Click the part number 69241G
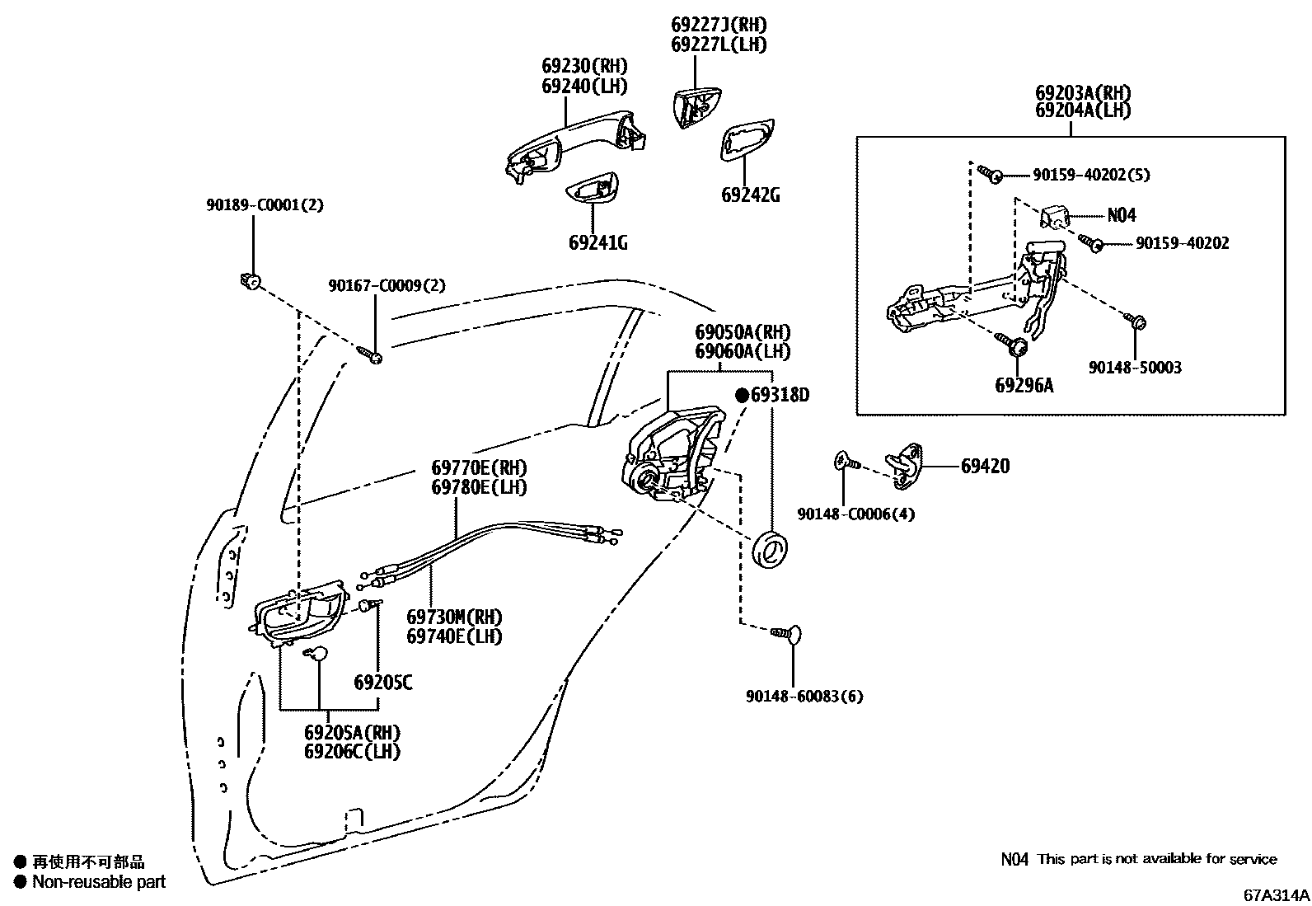coord(597,242)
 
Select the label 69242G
coord(750,195)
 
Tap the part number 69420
coord(985,466)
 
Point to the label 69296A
coord(1024,385)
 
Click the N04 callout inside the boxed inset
coord(1121,216)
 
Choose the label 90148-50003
coord(1135,368)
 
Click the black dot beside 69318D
coord(742,396)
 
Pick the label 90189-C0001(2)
coord(265,204)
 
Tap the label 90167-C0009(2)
coord(387,285)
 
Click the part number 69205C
coord(382,683)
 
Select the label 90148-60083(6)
coord(804,697)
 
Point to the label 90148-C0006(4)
coord(855,514)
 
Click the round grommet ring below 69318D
coord(772,550)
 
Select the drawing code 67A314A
coord(1277,894)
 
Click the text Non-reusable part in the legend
coord(99,882)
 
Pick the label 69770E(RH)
coord(479,467)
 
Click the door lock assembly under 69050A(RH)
coord(672,453)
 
